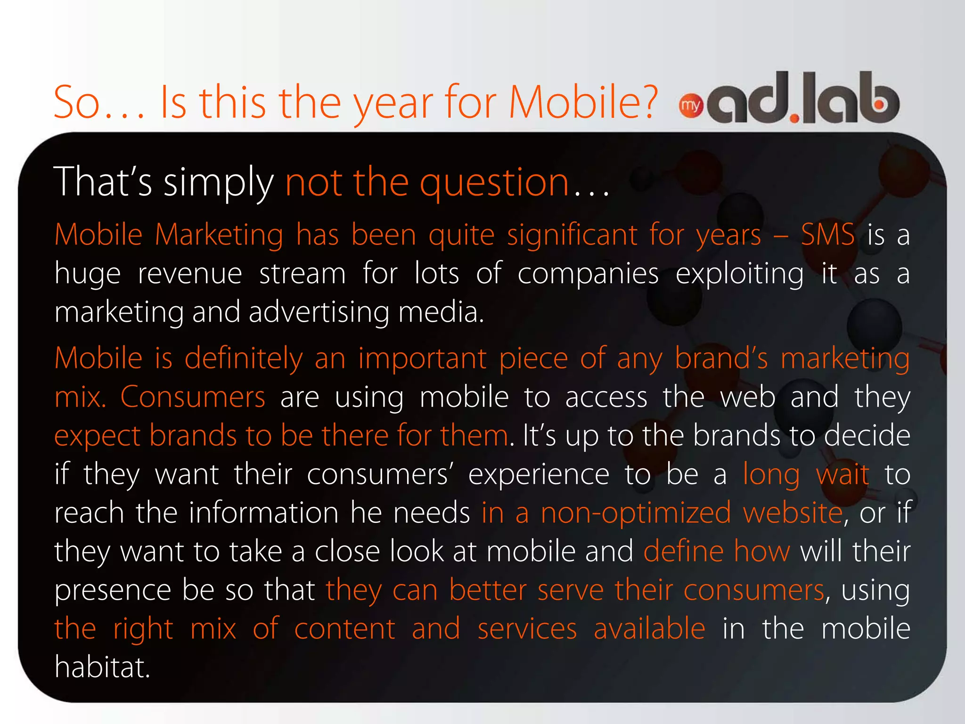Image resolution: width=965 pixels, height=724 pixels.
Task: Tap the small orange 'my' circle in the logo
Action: click(x=691, y=106)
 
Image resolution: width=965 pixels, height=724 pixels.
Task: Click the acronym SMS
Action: click(x=828, y=235)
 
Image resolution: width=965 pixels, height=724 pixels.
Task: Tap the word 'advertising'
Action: click(x=319, y=313)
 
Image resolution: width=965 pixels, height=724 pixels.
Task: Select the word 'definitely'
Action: click(x=243, y=358)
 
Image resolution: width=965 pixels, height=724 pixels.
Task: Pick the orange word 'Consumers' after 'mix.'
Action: click(x=193, y=397)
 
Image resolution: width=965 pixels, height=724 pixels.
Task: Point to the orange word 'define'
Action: click(x=683, y=552)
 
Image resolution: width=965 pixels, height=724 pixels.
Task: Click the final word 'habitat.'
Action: click(x=102, y=667)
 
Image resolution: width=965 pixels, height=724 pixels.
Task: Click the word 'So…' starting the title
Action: click(x=99, y=102)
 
